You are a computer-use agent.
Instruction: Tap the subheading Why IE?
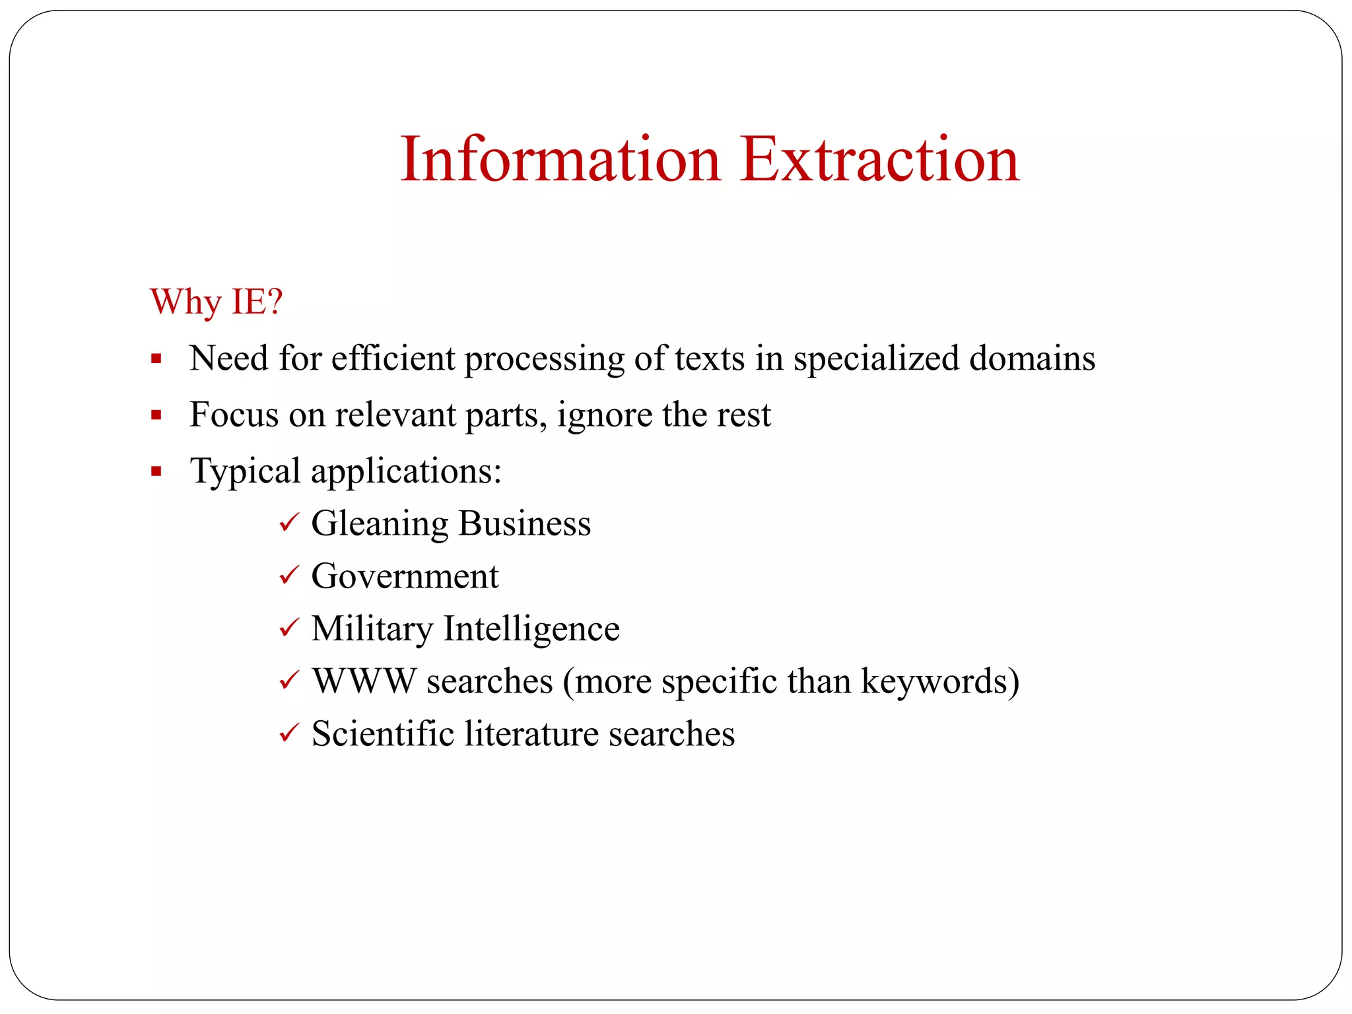click(x=217, y=302)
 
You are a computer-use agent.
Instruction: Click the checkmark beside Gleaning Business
click(x=289, y=524)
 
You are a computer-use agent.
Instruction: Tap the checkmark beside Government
click(x=289, y=576)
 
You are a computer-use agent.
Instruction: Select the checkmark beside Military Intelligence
click(x=289, y=628)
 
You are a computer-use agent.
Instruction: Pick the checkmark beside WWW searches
click(x=289, y=681)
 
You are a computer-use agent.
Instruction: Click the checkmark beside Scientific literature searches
click(x=289, y=733)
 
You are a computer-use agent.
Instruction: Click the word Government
click(x=405, y=576)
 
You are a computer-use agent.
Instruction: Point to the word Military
click(x=372, y=628)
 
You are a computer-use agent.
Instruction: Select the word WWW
click(x=364, y=681)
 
